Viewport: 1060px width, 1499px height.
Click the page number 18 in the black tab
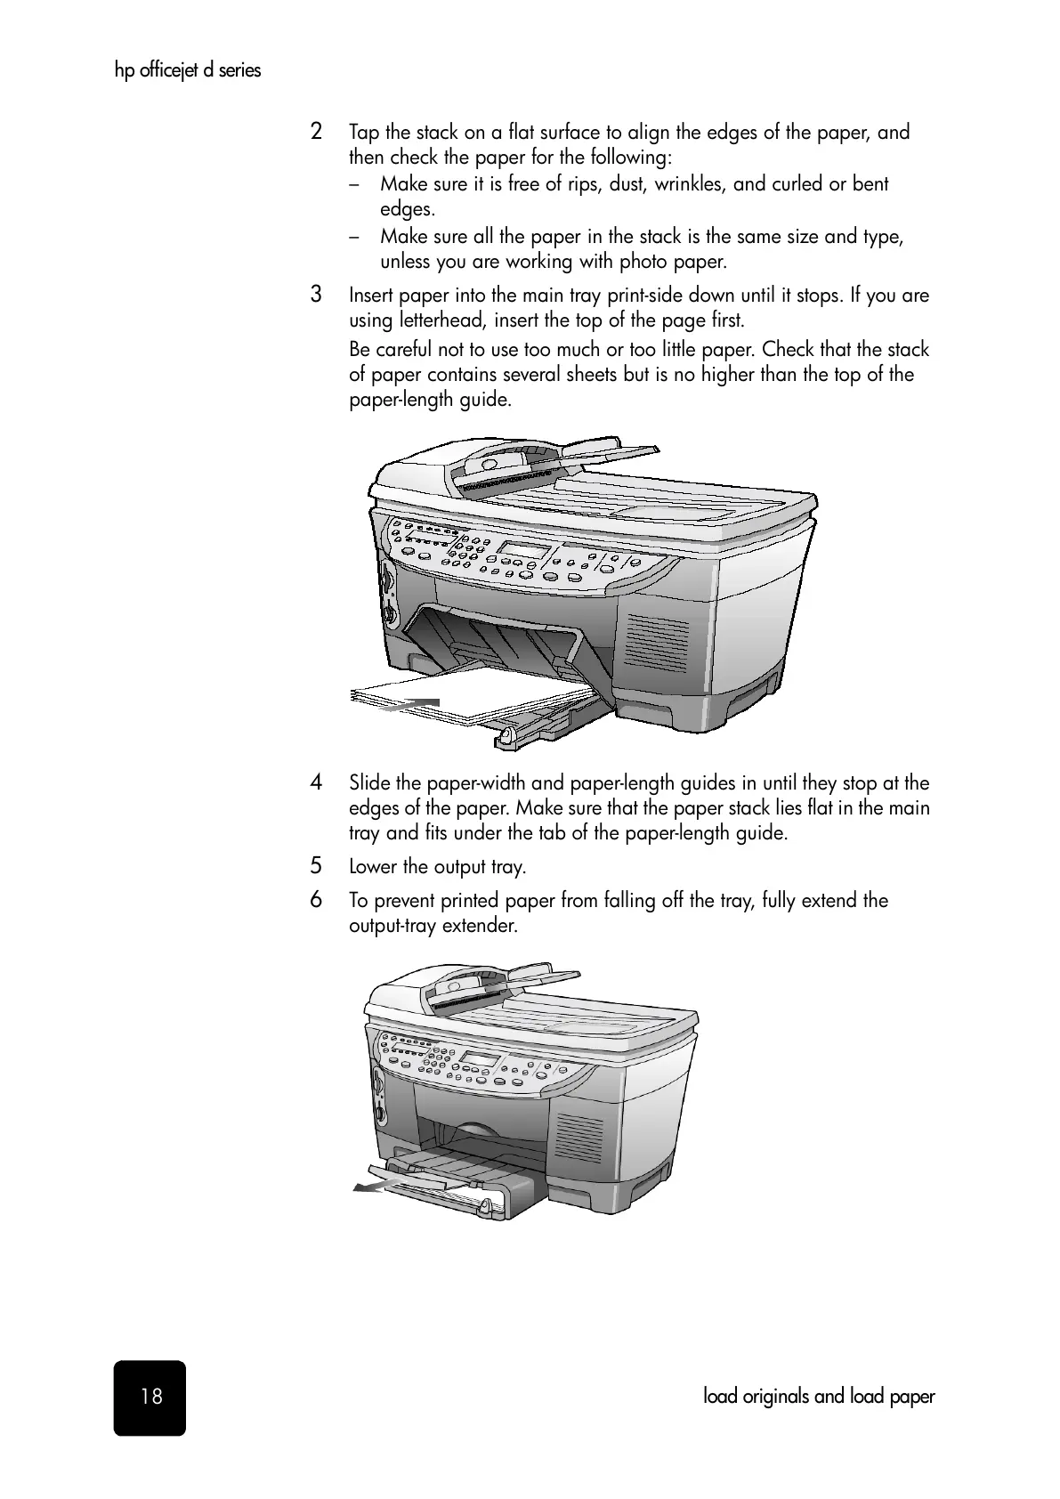[151, 1397]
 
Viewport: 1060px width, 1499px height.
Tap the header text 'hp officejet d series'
[188, 70]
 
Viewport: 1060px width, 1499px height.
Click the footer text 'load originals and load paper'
[819, 1396]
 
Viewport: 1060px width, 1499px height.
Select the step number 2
[317, 132]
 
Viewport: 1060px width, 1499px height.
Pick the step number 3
[317, 294]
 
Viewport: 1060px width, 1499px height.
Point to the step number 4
[317, 782]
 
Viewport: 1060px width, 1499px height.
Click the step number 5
[317, 865]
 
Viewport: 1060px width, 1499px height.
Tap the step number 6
[317, 900]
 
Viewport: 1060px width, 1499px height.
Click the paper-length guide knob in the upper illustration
[506, 736]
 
